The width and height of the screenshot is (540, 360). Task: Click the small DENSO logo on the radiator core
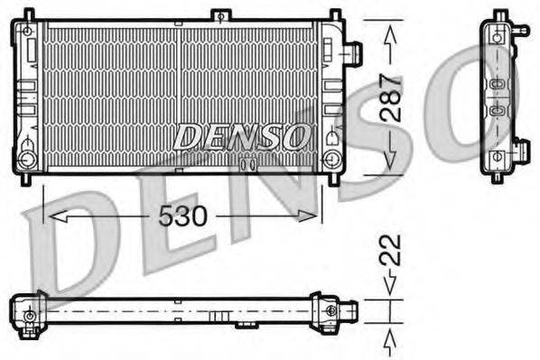240,137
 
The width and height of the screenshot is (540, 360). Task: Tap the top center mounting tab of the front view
219,15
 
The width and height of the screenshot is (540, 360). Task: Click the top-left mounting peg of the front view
29,14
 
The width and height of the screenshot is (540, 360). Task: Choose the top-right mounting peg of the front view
335,14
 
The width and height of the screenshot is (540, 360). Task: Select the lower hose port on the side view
521,150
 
